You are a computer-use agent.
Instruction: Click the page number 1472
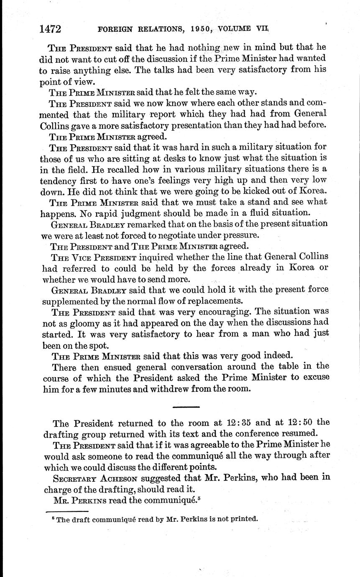51,29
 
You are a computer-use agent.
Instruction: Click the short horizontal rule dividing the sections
186,406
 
